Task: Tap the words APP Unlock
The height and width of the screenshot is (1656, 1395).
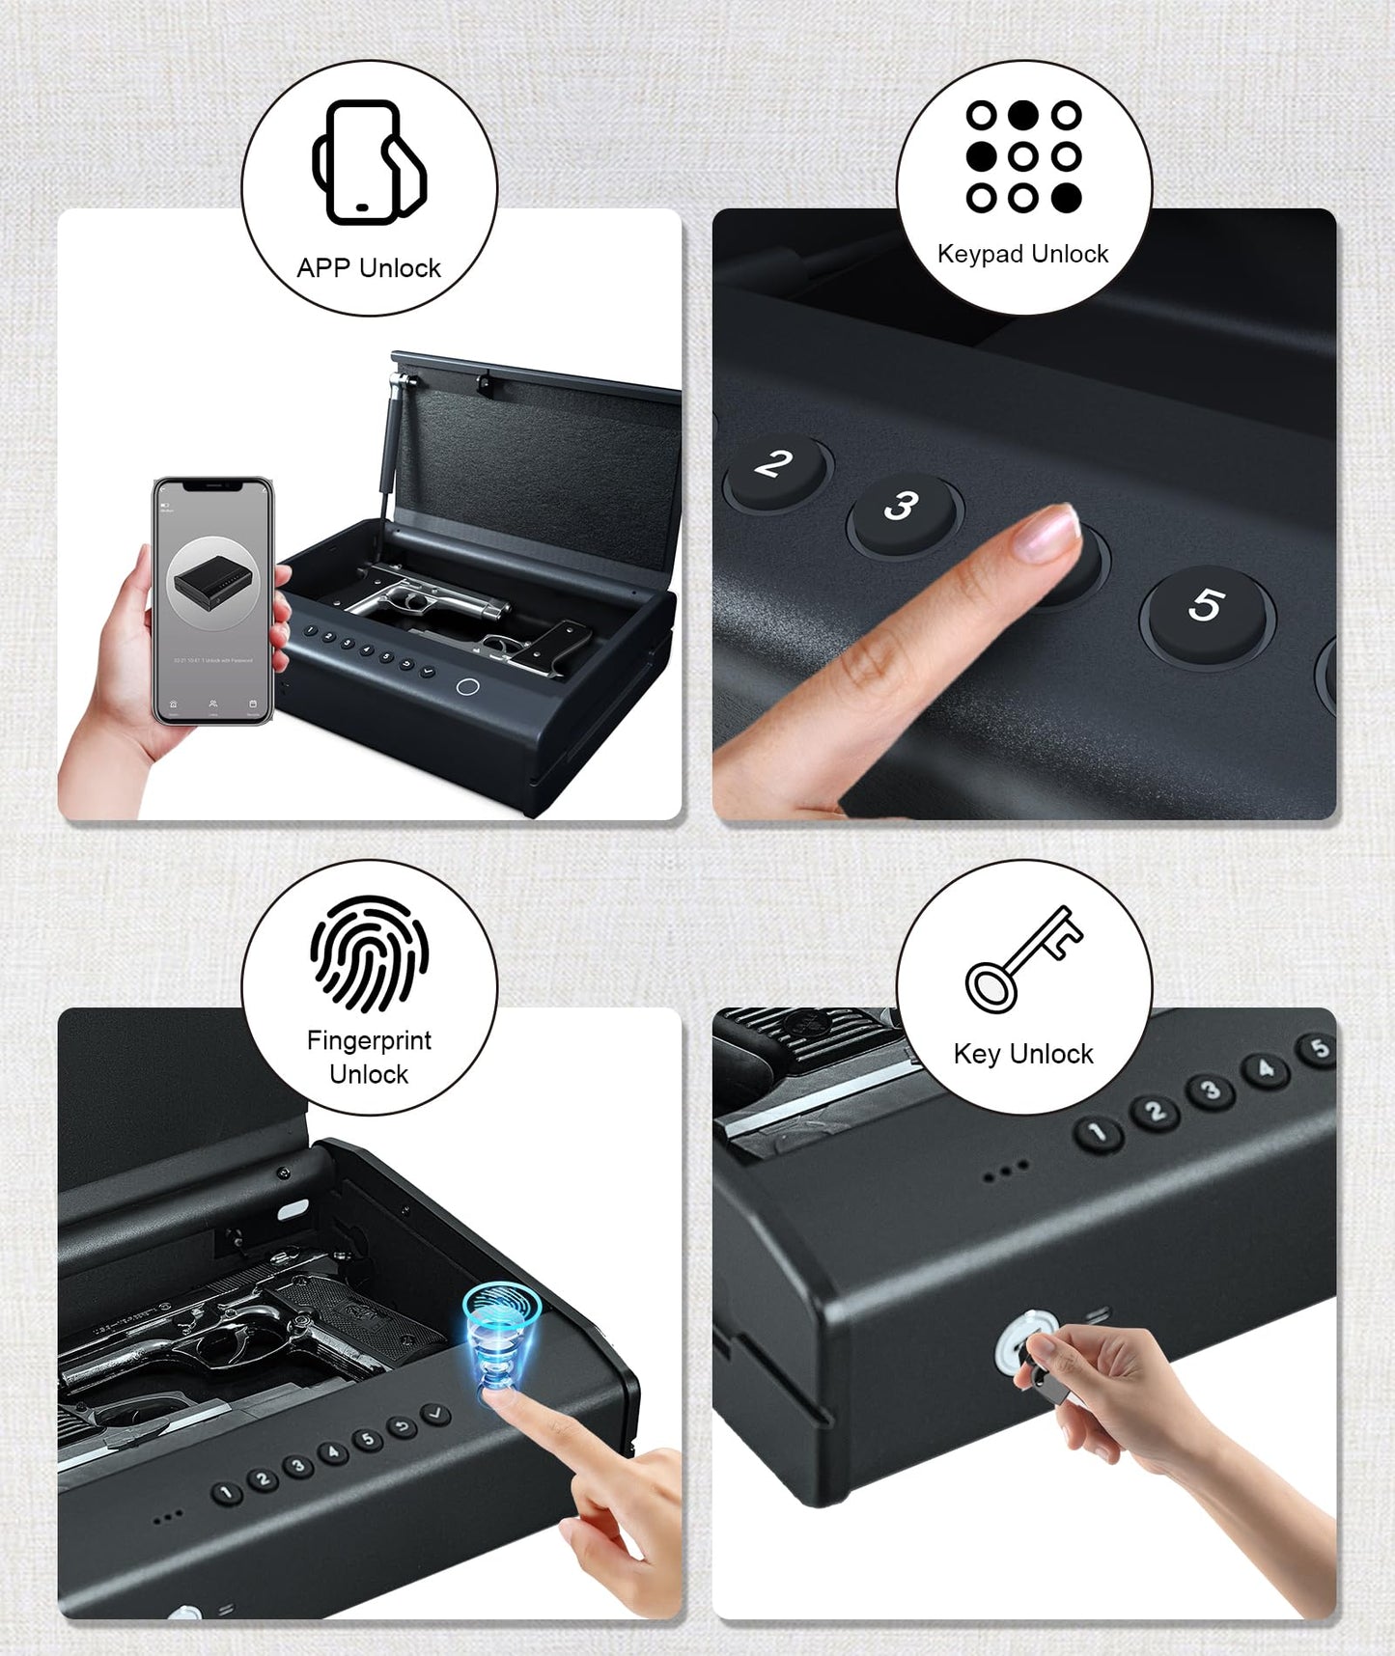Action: click(369, 268)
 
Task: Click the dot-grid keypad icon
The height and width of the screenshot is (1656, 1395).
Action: click(1023, 156)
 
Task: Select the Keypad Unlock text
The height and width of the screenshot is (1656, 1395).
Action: click(1023, 254)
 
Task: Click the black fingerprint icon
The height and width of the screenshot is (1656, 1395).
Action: click(369, 953)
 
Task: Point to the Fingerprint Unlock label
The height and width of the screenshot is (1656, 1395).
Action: click(369, 1057)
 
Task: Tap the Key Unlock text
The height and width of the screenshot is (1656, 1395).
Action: click(1023, 1054)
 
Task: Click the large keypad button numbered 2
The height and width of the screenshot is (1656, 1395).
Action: click(775, 466)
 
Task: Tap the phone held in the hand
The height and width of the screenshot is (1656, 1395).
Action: click(213, 600)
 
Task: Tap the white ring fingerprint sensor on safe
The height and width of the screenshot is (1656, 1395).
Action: click(467, 686)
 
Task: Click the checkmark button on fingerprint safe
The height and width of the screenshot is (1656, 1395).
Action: click(436, 1415)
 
